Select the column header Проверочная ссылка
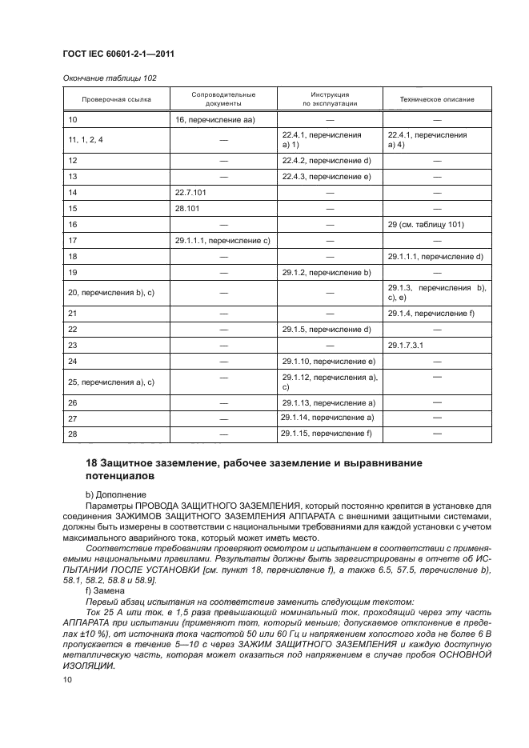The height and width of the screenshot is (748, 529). coord(116,99)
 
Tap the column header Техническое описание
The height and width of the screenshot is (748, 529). coord(437,99)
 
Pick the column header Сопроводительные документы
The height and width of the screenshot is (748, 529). coord(223,98)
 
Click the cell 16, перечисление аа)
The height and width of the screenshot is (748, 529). coord(214,120)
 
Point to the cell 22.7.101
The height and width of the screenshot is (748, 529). coord(190,193)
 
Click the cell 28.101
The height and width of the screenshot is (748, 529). coord(186,209)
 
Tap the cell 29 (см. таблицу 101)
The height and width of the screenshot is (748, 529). coord(425,225)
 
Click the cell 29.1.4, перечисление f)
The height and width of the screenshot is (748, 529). coord(431,314)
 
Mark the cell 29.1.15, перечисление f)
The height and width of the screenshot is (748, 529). coord(327,433)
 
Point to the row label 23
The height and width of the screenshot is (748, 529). coord(73,346)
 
